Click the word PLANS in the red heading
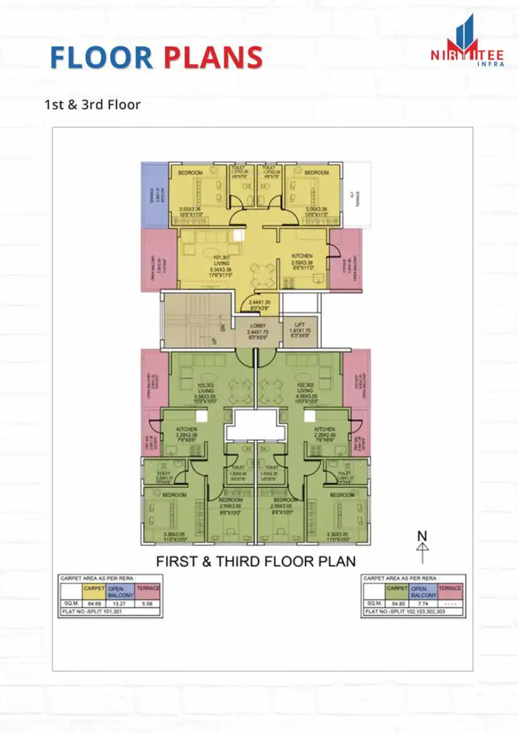213,58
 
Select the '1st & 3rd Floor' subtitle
92,105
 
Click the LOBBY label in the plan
257,326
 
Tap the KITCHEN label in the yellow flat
302,256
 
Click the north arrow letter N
422,536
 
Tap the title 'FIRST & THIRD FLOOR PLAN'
256,562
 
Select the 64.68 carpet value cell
93,604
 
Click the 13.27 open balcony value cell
120,604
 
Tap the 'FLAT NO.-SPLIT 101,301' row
110,613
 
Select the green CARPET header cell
397,588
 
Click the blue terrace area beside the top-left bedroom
154,195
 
